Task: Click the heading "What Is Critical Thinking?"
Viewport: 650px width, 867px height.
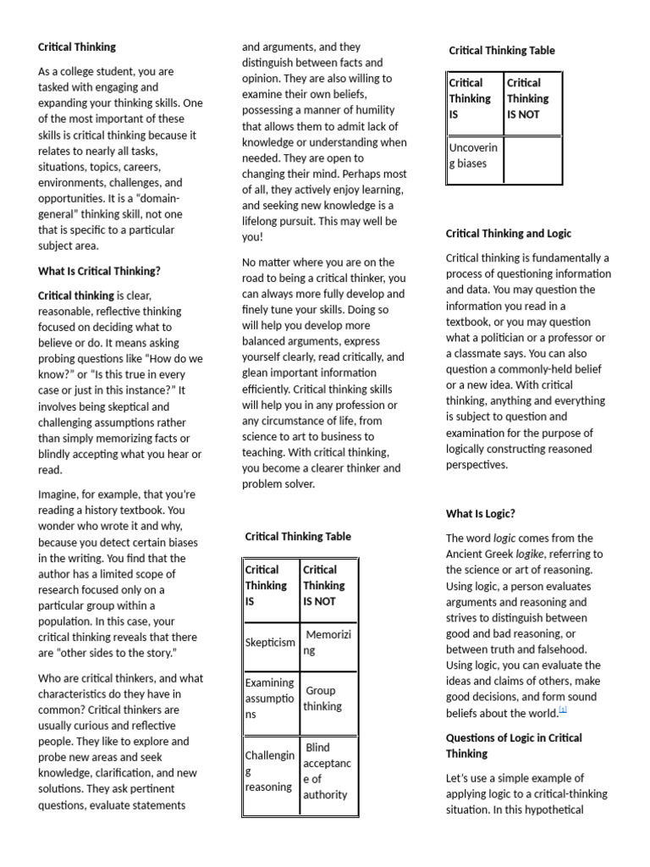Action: [x=99, y=271]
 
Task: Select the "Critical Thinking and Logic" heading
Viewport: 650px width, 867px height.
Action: [x=509, y=233]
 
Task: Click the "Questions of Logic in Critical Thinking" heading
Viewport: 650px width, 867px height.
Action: [x=514, y=745]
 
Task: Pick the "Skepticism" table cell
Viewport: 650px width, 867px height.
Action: [x=270, y=643]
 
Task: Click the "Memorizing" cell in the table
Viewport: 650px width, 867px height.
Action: [x=327, y=643]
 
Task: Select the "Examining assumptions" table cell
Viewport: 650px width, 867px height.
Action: [x=270, y=699]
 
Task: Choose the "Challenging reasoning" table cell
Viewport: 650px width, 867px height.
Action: [x=270, y=770]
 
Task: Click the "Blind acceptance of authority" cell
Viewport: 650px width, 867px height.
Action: [x=327, y=770]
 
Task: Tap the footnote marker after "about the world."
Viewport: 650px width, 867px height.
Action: [x=563, y=711]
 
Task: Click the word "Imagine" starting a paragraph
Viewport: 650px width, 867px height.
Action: [x=58, y=494]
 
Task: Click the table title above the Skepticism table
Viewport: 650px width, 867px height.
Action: [x=298, y=536]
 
